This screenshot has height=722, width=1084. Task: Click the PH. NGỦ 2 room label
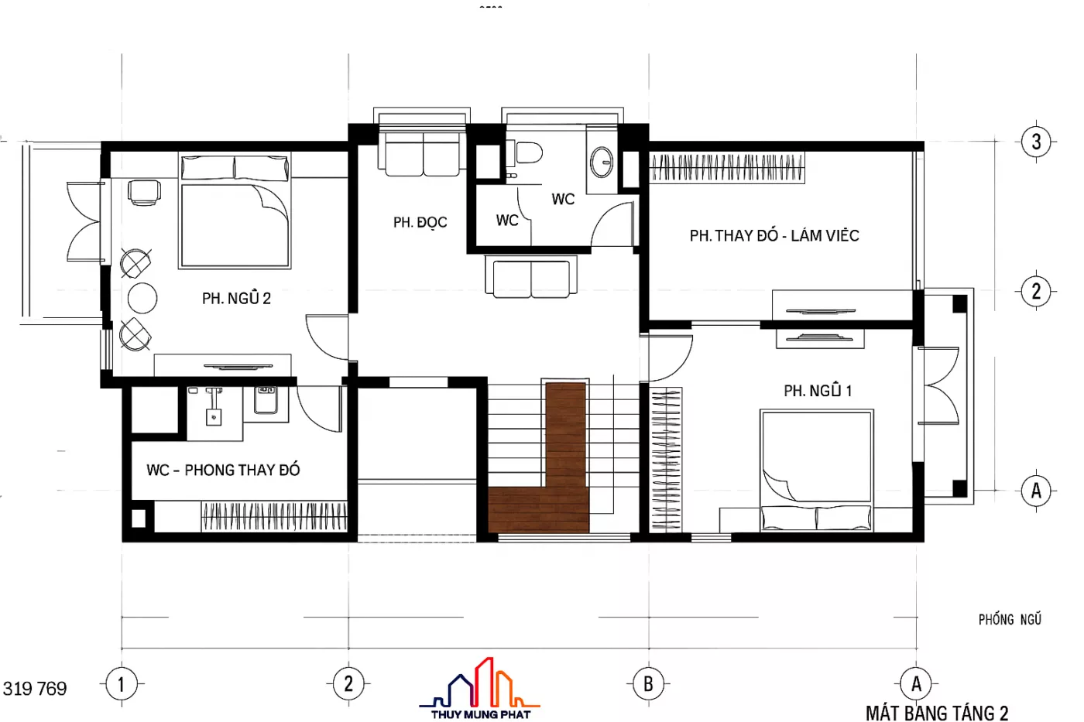[236, 298]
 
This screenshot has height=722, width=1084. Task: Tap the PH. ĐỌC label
[420, 222]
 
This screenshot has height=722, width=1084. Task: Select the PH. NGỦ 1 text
[818, 390]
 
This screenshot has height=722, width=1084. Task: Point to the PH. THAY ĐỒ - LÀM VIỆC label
[774, 235]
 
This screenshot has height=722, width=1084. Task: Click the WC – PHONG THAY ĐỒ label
[223, 470]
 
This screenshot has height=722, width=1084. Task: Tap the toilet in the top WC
[527, 152]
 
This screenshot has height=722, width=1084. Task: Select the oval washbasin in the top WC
[602, 162]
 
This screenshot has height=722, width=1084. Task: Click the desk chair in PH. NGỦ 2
[144, 193]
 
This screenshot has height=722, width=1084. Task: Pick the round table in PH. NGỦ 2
[142, 298]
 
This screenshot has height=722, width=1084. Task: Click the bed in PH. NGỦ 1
[816, 470]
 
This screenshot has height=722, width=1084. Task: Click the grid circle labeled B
[649, 684]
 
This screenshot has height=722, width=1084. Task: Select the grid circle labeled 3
[1036, 142]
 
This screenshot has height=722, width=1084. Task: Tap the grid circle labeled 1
[121, 684]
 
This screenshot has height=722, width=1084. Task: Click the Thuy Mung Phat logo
[479, 688]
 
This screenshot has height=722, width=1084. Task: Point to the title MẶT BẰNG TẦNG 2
[937, 713]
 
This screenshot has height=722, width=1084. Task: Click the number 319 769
[35, 689]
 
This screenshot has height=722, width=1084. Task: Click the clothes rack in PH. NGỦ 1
[666, 460]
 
